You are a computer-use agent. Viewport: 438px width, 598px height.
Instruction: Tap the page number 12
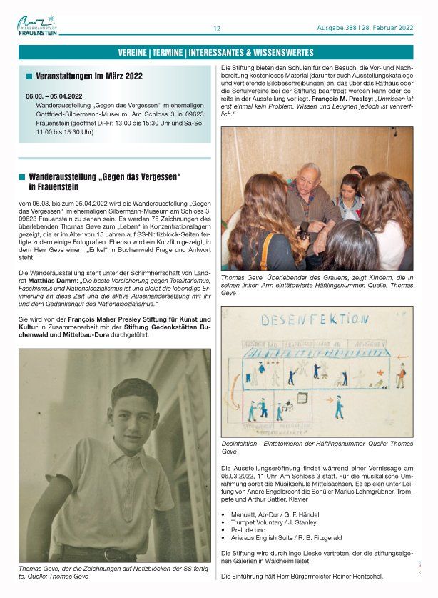tap(217, 29)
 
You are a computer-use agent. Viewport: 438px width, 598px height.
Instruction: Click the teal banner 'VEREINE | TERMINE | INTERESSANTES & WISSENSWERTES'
tap(215, 52)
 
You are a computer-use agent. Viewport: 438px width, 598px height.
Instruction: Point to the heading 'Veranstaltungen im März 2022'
tap(89, 76)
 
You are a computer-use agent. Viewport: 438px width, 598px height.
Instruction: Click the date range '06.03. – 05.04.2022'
tap(54, 95)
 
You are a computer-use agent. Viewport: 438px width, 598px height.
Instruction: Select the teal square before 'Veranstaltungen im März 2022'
tap(29, 76)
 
